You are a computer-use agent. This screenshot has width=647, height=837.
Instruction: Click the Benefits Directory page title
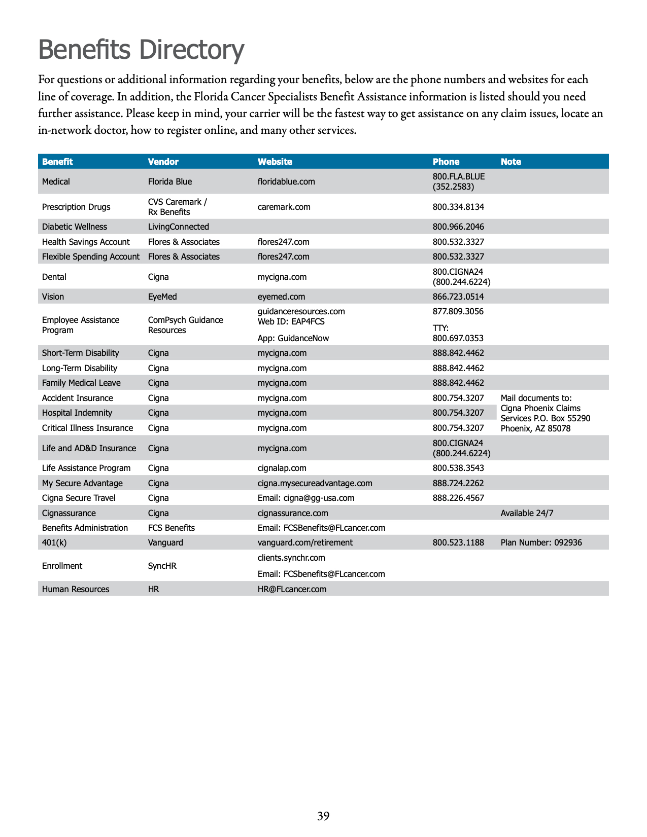(141, 50)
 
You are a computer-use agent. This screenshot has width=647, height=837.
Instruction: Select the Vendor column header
(163, 162)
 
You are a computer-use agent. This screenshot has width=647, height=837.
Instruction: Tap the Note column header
(510, 162)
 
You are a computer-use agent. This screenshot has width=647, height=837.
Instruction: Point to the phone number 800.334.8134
(458, 207)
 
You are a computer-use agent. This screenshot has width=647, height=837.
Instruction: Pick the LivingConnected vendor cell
(178, 227)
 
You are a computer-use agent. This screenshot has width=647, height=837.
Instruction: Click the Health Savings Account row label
(86, 242)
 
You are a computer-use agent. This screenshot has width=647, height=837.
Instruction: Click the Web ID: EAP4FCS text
(291, 321)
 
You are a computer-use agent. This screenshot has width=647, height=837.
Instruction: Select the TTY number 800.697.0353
(458, 338)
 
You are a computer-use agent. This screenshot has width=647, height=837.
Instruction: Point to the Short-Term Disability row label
(80, 353)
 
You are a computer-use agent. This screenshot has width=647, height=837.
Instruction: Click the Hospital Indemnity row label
(77, 413)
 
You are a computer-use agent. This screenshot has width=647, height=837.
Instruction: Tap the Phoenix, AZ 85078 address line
(535, 428)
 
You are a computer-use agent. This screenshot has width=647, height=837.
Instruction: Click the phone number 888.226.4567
(458, 498)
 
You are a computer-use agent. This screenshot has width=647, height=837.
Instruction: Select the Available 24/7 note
(527, 513)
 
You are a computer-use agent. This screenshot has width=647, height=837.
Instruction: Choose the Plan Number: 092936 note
(541, 542)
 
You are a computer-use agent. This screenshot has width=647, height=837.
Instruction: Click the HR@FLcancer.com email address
(292, 589)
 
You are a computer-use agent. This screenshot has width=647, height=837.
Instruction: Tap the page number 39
(323, 816)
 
